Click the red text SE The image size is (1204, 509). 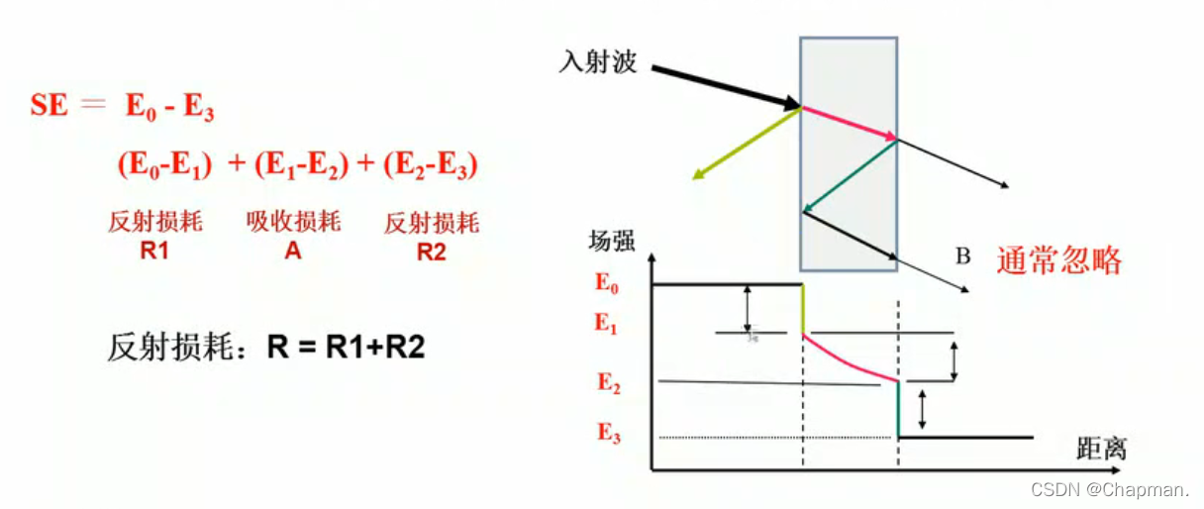click(x=50, y=106)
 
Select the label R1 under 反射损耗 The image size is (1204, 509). click(x=154, y=252)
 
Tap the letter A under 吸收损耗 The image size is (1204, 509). click(x=293, y=252)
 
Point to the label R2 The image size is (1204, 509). click(x=432, y=252)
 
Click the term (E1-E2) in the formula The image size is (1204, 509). click(x=302, y=166)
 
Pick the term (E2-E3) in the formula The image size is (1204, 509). click(x=431, y=166)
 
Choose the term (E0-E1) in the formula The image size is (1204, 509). click(x=164, y=166)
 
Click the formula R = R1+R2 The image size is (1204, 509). click(x=347, y=348)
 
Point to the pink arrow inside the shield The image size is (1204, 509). click(x=850, y=123)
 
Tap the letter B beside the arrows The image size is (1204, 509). click(x=961, y=256)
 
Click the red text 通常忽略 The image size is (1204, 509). click(x=1060, y=260)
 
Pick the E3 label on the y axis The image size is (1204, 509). click(x=608, y=434)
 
